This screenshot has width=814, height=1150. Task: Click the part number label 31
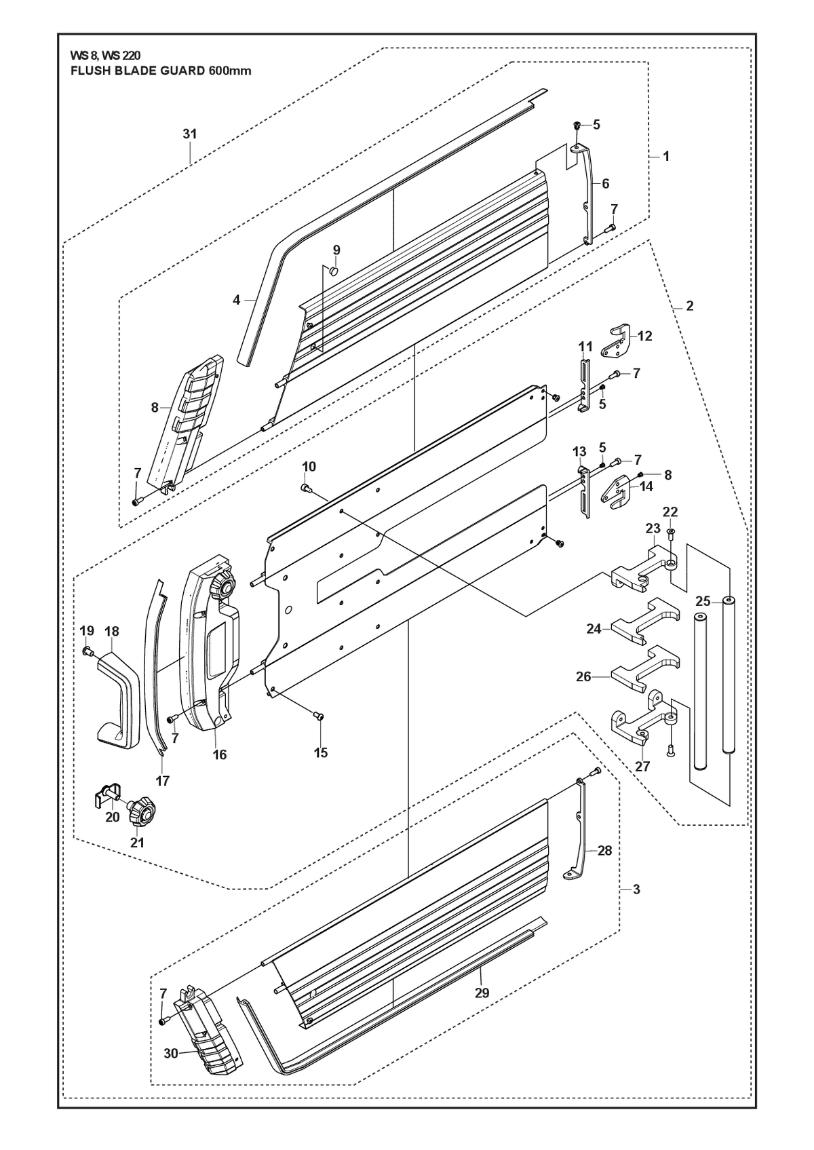click(190, 134)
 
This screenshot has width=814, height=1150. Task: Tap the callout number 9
click(336, 250)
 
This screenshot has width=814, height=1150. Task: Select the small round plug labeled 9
click(334, 271)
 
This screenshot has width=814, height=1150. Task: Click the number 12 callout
click(644, 336)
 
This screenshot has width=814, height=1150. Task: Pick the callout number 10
click(309, 467)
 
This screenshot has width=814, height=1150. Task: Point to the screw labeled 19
click(86, 651)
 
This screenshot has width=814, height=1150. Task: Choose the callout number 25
click(703, 600)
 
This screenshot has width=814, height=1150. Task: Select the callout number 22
click(670, 512)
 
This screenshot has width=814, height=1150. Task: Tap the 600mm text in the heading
click(230, 71)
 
